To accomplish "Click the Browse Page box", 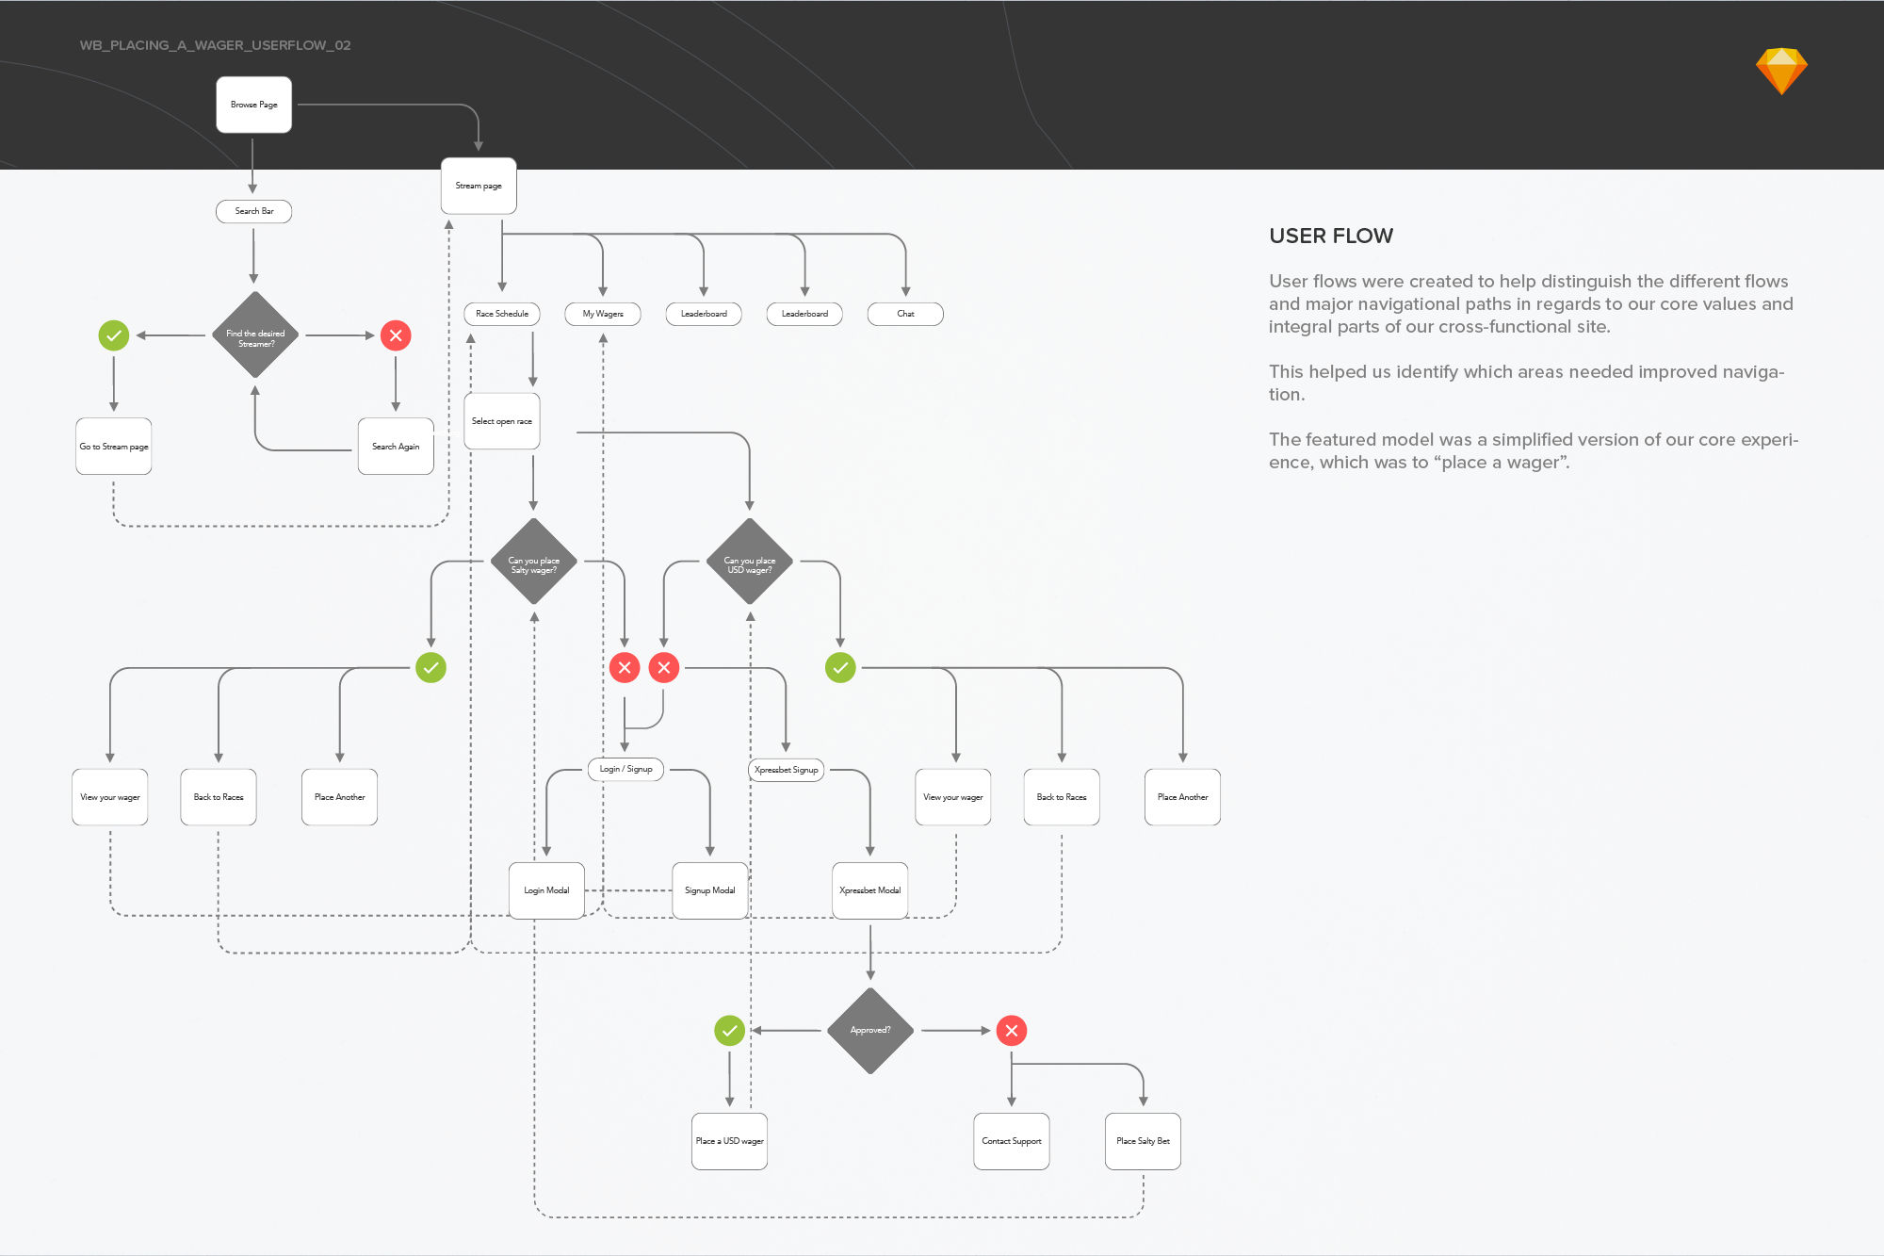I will pyautogui.click(x=253, y=105).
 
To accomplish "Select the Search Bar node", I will pyautogui.click(x=253, y=211).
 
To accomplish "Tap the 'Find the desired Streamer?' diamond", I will pyautogui.click(x=255, y=335).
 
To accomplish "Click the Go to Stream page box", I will pyautogui.click(x=113, y=447).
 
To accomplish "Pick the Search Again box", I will pyautogui.click(x=396, y=447).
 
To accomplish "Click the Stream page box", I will pyautogui.click(x=479, y=186).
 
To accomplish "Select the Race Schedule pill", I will pyautogui.click(x=501, y=314).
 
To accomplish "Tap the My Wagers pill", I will pyautogui.click(x=602, y=314).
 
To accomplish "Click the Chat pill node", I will pyautogui.click(x=905, y=314).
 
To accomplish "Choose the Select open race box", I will pyautogui.click(x=501, y=421).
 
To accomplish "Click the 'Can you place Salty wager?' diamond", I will pyautogui.click(x=534, y=563).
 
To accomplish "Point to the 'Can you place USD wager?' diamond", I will pyautogui.click(x=750, y=563).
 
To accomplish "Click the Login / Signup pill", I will pyautogui.click(x=625, y=769).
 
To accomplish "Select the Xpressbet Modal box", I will pyautogui.click(x=869, y=890).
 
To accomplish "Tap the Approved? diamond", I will pyautogui.click(x=869, y=1030).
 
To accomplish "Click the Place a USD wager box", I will pyautogui.click(x=729, y=1141).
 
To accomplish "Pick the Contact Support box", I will pyautogui.click(x=1011, y=1141).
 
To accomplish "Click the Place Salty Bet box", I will pyautogui.click(x=1143, y=1141).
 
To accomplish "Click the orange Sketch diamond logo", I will pyautogui.click(x=1781, y=71).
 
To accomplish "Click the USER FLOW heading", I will pyautogui.click(x=1330, y=236).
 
